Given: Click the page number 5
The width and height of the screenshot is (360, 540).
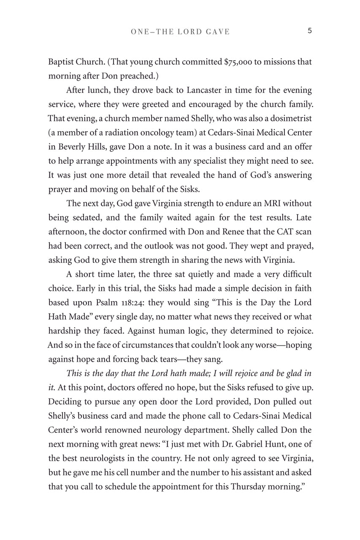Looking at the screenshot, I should (310, 31).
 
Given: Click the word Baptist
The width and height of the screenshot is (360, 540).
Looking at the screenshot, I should (61, 62).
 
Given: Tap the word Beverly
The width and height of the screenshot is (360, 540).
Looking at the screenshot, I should (73, 147).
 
